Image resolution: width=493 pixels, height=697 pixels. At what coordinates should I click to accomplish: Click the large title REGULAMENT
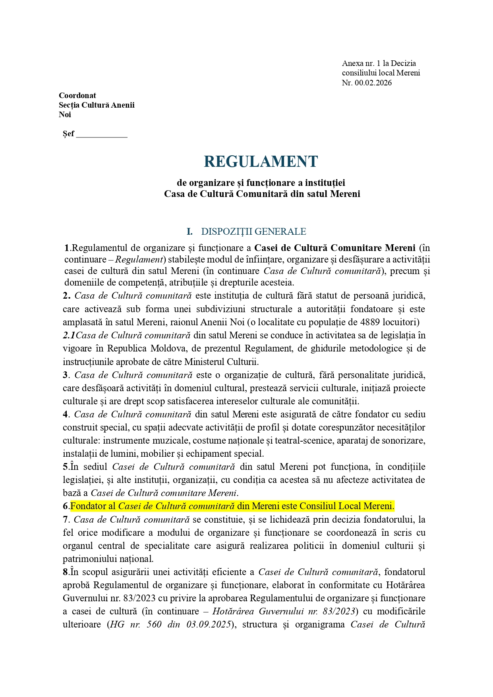[x=261, y=162]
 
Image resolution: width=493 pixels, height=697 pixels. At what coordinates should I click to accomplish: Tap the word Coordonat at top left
[x=77, y=95]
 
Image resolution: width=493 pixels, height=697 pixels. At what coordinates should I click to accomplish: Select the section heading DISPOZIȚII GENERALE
[x=253, y=232]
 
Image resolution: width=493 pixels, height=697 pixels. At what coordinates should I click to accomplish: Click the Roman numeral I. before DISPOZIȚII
[x=189, y=232]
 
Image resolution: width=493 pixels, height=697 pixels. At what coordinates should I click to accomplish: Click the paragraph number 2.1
[x=69, y=335]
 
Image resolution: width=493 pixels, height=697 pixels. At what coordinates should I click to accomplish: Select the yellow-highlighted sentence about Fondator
[x=232, y=506]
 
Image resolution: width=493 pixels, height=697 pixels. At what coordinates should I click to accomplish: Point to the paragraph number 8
[x=66, y=572]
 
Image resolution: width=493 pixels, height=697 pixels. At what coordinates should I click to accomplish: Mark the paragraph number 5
[x=66, y=467]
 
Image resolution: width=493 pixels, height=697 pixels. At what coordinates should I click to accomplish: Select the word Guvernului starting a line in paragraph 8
[x=83, y=598]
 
